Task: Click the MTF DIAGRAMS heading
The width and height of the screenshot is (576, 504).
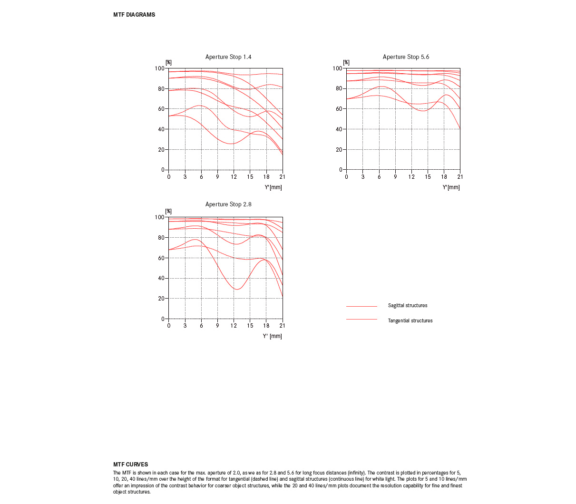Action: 134,15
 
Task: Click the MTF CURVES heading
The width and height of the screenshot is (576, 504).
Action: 130,465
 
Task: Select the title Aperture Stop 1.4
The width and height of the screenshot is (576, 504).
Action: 228,57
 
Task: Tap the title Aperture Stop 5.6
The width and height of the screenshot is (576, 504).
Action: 406,57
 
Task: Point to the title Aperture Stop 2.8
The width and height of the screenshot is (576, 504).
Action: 228,204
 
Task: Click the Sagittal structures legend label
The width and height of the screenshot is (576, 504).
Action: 407,305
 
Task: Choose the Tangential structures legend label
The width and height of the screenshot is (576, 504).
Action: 410,320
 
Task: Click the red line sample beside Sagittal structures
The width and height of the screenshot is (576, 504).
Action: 361,306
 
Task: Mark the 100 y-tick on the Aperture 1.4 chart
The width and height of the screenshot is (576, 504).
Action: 159,68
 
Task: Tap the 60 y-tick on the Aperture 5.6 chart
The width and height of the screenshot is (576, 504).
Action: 339,109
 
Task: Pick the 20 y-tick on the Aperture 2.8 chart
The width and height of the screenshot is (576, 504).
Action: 161,299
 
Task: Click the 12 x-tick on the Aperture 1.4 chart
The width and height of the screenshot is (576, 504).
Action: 234,177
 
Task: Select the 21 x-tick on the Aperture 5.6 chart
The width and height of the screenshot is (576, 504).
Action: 460,177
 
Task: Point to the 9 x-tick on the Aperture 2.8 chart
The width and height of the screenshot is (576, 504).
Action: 217,326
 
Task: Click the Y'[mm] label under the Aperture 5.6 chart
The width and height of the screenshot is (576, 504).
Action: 451,187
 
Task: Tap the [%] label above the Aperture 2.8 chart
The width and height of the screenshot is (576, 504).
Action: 168,211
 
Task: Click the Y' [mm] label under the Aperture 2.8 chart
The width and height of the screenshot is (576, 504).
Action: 272,336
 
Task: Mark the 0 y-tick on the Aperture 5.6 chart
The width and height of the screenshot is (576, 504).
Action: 341,170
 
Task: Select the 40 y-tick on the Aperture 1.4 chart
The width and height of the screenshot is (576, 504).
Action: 161,129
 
